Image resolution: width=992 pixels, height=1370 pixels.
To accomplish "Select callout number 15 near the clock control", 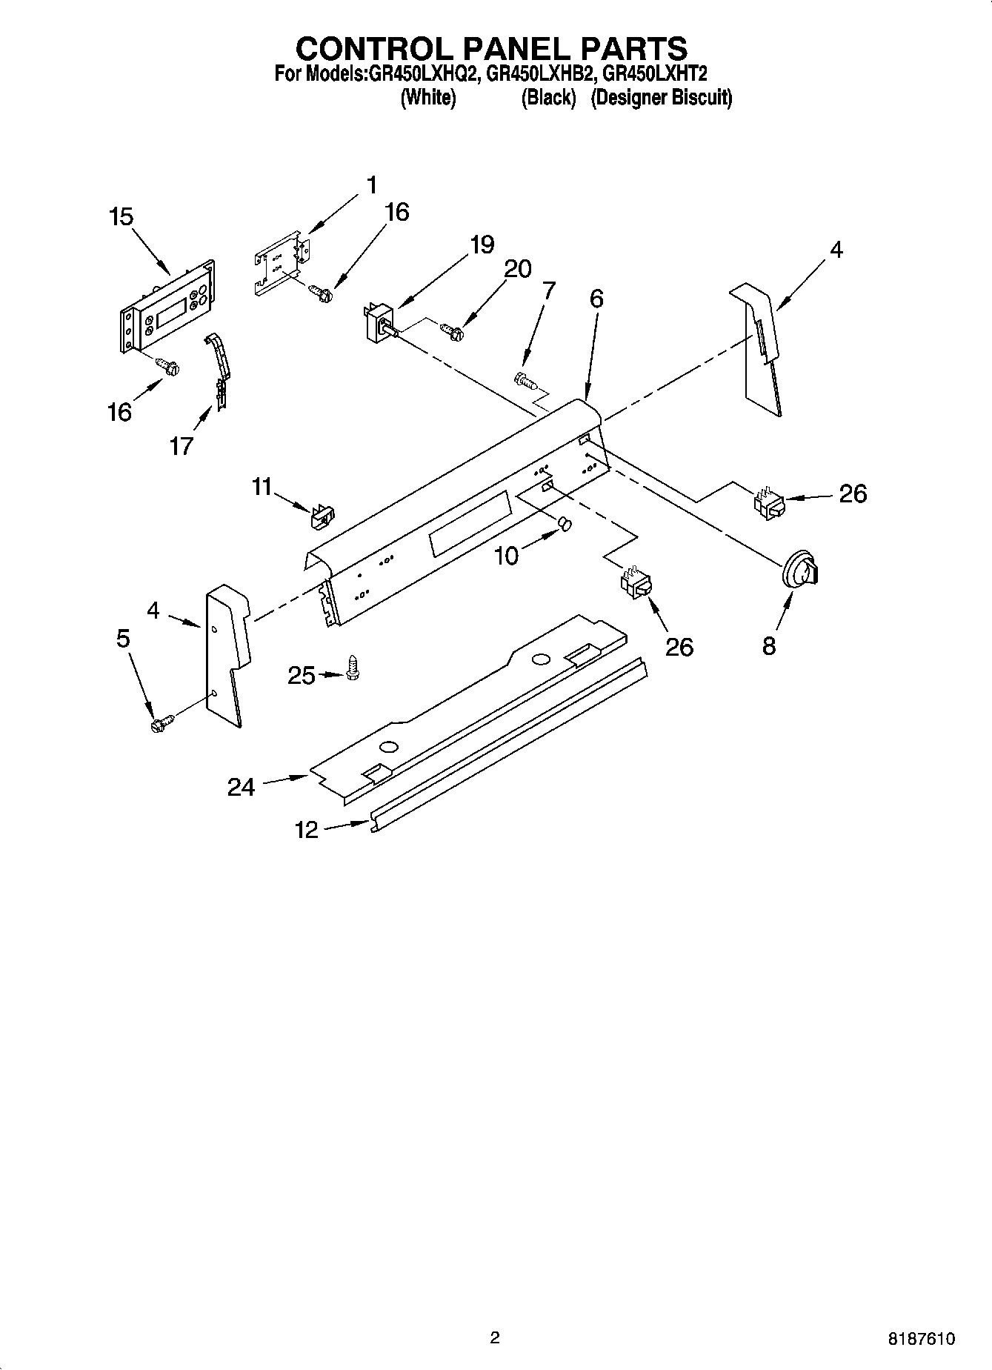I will point(121,217).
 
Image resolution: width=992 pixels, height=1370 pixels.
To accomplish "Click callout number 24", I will point(241,787).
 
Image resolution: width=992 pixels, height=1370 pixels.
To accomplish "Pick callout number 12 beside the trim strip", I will point(306,829).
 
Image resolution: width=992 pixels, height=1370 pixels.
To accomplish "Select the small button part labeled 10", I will point(565,525).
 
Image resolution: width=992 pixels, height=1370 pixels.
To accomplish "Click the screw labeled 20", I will point(452,330).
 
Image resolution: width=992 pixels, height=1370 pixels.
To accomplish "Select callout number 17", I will point(181,446).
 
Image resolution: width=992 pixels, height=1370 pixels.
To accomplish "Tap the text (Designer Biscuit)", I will point(661,98).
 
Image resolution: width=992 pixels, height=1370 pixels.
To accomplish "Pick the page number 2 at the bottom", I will point(495,1337).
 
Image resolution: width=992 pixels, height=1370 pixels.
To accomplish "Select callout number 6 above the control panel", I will point(596,299).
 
